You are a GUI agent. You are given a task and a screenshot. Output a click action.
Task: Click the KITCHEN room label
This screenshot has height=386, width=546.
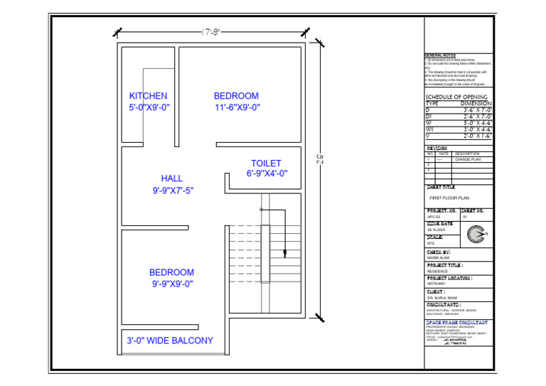148,96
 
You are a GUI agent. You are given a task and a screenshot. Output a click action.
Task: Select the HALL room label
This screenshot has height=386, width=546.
171,178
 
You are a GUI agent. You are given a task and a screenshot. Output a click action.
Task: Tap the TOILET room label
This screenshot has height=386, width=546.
266,163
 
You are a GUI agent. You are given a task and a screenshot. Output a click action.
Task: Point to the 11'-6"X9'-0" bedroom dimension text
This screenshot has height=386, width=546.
237,108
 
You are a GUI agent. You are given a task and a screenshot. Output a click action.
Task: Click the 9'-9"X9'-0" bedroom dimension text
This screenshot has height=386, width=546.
172,284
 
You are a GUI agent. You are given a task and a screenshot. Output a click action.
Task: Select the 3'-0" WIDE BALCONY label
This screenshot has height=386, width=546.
170,341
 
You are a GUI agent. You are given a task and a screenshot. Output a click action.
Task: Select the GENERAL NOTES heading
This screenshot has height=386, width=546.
440,55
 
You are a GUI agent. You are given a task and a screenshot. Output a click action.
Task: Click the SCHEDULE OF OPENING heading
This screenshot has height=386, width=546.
456,97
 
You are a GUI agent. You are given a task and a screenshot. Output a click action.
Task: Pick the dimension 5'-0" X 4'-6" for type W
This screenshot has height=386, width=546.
477,123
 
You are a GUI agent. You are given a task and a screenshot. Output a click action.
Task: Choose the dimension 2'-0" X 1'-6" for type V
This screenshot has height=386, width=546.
477,135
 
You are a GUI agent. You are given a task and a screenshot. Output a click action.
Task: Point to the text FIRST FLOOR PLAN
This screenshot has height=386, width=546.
450,198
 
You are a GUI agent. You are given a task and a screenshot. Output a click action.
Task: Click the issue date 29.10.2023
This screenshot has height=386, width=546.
435,230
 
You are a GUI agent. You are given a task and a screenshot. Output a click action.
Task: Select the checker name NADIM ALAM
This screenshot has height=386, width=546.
439,258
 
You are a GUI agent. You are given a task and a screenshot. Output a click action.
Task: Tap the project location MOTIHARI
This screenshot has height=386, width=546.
436,284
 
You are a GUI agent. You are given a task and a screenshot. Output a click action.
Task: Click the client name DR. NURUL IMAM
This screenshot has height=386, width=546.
442,298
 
